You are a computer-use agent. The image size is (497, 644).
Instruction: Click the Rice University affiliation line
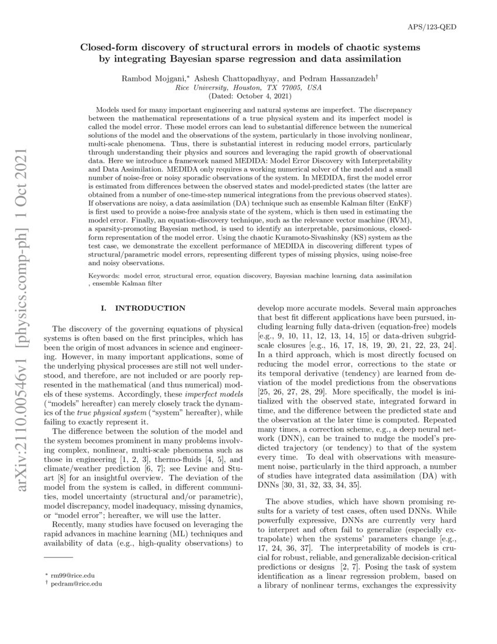click(248, 87)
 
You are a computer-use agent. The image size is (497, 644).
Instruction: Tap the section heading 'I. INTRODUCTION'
click(143, 308)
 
